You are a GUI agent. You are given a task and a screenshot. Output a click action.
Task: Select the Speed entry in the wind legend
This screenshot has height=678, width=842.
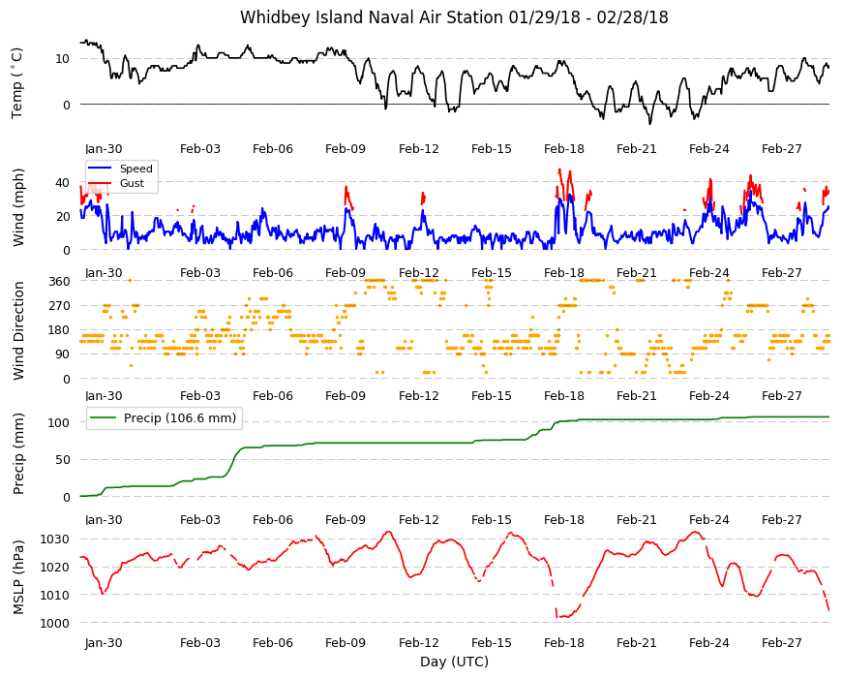135,169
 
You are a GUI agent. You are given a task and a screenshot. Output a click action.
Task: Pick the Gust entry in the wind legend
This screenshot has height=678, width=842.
132,183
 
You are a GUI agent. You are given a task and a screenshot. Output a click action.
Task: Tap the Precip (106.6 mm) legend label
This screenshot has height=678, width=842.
180,418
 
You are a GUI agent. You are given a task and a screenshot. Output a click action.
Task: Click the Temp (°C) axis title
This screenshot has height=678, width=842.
17,83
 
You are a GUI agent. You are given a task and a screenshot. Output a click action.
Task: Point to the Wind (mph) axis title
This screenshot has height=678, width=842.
18,207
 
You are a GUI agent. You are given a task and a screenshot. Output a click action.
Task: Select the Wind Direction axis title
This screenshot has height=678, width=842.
18,330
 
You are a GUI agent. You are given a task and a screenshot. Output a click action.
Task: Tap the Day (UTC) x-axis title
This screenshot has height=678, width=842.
454,662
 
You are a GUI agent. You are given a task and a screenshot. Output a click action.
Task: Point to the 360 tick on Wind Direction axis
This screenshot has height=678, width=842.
59,282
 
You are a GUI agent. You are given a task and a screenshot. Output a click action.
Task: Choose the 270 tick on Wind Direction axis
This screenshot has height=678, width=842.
59,306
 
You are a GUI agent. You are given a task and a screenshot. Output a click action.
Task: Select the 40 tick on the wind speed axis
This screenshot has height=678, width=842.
62,183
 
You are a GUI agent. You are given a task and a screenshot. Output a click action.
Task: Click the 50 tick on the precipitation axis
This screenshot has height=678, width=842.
62,460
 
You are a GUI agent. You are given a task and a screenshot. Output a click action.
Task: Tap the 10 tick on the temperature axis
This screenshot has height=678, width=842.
62,58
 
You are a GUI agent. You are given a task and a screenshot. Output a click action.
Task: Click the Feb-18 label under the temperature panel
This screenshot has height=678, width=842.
564,149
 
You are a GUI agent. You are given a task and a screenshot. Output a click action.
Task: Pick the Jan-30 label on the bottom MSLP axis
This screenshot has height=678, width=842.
104,642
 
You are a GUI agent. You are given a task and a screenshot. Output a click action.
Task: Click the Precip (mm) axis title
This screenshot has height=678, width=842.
18,454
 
